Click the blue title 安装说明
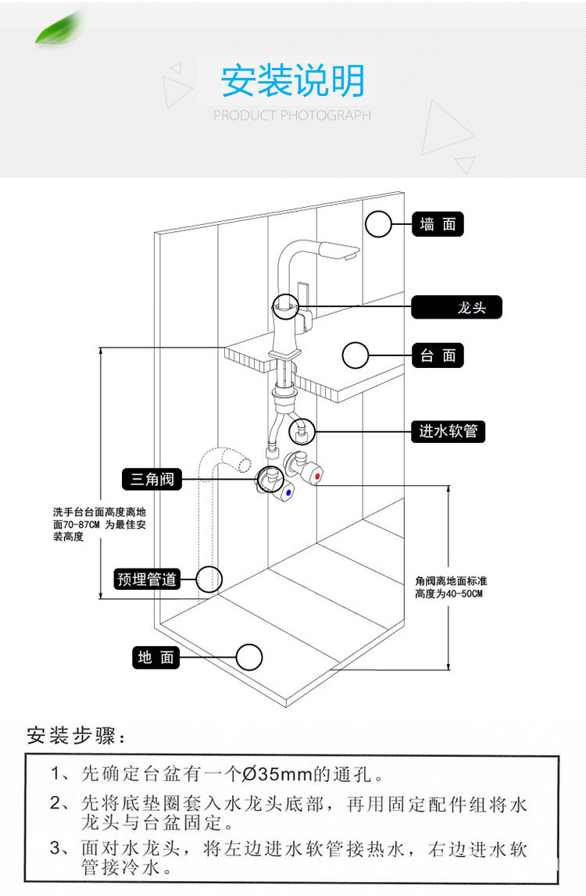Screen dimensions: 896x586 293,81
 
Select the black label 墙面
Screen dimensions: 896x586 438,225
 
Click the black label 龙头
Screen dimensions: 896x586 457,307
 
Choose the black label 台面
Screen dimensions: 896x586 438,355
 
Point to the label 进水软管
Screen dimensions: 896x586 448,430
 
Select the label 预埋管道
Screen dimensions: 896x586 147,579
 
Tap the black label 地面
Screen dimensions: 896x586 155,657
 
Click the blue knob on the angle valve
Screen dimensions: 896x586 288,494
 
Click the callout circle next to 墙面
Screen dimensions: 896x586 379,224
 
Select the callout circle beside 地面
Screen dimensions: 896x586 249,657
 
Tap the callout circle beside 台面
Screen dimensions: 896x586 356,355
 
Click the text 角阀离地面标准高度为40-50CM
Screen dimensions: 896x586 452,587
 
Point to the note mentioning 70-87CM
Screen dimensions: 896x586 99,524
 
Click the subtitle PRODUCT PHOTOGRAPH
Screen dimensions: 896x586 293,116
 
